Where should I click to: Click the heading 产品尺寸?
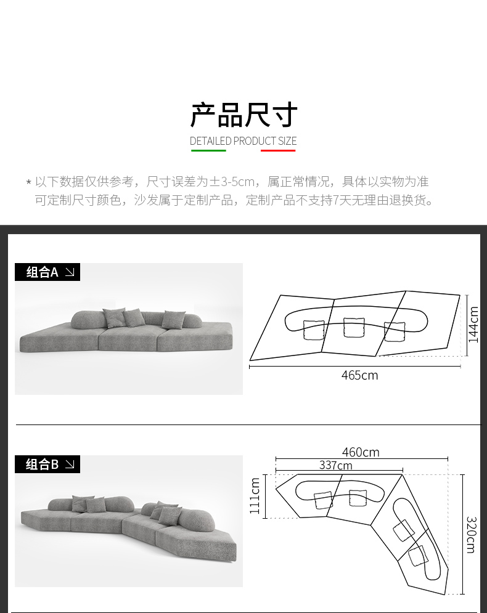[243, 115]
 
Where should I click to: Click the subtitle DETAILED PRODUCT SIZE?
[243, 140]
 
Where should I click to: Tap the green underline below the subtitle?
[208, 150]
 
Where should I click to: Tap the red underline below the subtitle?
[278, 150]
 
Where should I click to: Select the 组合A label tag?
[47, 272]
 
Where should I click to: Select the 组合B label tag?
[47, 464]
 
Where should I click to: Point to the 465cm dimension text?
[360, 375]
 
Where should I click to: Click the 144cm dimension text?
[473, 325]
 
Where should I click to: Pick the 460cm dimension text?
[361, 452]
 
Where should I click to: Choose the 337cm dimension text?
[335, 465]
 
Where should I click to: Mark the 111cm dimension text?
[255, 496]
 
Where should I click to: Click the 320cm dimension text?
[471, 535]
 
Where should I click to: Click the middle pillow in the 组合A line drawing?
[354, 327]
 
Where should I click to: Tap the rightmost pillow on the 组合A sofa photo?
[174, 319]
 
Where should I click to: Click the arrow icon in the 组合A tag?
[70, 272]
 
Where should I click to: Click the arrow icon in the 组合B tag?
[70, 464]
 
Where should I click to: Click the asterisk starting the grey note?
[28, 182]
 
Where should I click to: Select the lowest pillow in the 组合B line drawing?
[417, 556]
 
